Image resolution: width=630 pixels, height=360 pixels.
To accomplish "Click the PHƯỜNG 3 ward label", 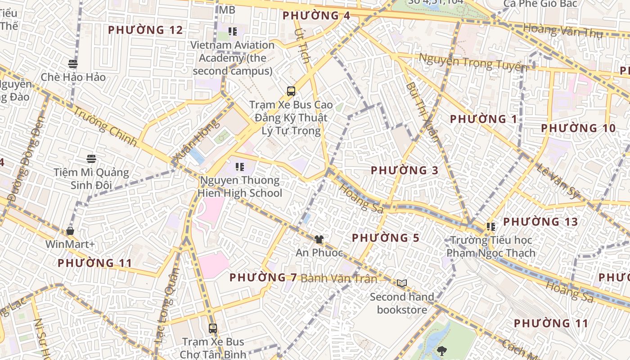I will (x=404, y=171).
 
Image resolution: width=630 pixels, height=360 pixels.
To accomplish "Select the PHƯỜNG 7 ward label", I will (x=263, y=278).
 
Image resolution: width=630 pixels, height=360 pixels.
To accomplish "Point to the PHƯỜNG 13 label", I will (x=540, y=222).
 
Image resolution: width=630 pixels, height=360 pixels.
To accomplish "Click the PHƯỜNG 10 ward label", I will (x=578, y=128).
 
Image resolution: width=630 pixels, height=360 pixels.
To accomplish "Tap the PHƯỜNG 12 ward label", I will (x=145, y=30).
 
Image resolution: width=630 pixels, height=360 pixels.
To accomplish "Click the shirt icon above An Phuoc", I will (x=319, y=239).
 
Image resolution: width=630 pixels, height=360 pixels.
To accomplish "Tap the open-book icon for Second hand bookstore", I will (x=402, y=283).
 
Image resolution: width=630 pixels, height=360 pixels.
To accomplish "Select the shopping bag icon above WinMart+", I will (x=70, y=231).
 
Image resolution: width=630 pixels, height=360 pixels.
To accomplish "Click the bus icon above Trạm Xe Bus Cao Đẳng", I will (x=291, y=91).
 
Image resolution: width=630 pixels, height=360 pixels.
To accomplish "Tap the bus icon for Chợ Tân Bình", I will (x=213, y=328).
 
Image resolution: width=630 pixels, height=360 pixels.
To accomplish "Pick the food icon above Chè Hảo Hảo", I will (x=73, y=63).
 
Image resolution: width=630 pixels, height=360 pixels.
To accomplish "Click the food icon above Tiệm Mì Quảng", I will (x=91, y=158).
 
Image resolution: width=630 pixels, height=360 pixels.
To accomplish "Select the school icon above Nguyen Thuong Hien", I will (x=240, y=167).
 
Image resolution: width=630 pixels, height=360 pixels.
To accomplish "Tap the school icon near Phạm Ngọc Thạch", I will (x=490, y=227).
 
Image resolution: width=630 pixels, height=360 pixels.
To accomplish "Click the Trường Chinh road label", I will (x=105, y=126).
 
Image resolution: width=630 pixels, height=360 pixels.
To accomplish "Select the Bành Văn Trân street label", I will (x=339, y=279).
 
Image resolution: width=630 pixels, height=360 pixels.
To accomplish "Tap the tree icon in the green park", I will (x=442, y=350).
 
